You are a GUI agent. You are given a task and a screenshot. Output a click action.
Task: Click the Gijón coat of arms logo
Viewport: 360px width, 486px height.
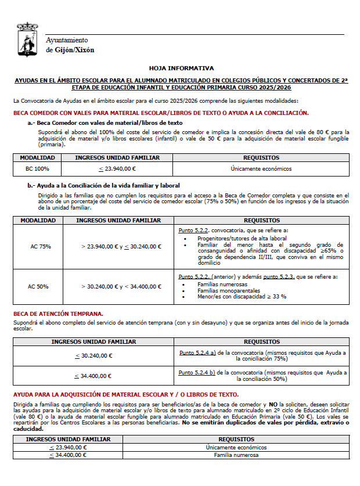click(27, 39)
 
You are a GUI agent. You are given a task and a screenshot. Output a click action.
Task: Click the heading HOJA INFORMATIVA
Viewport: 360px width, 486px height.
click(181, 68)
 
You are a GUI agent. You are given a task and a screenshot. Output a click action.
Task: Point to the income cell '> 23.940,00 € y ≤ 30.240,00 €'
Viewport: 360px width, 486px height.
click(121, 246)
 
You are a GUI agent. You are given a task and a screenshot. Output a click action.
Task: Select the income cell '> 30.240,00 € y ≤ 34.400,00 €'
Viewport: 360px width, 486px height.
click(121, 286)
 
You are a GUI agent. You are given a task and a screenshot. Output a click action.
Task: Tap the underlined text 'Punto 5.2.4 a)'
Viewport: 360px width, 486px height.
click(197, 352)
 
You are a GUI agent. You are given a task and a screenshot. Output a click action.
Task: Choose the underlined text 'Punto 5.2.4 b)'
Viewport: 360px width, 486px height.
click(197, 372)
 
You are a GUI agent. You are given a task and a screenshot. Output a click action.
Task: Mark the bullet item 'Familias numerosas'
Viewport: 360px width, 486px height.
click(222, 285)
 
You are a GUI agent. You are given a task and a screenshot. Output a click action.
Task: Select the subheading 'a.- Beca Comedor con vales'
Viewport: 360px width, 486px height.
click(105, 123)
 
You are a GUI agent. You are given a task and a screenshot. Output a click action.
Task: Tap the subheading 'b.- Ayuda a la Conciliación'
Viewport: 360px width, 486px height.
click(105, 185)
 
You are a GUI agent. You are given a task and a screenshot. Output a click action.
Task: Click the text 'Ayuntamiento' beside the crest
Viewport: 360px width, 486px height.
click(67, 40)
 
